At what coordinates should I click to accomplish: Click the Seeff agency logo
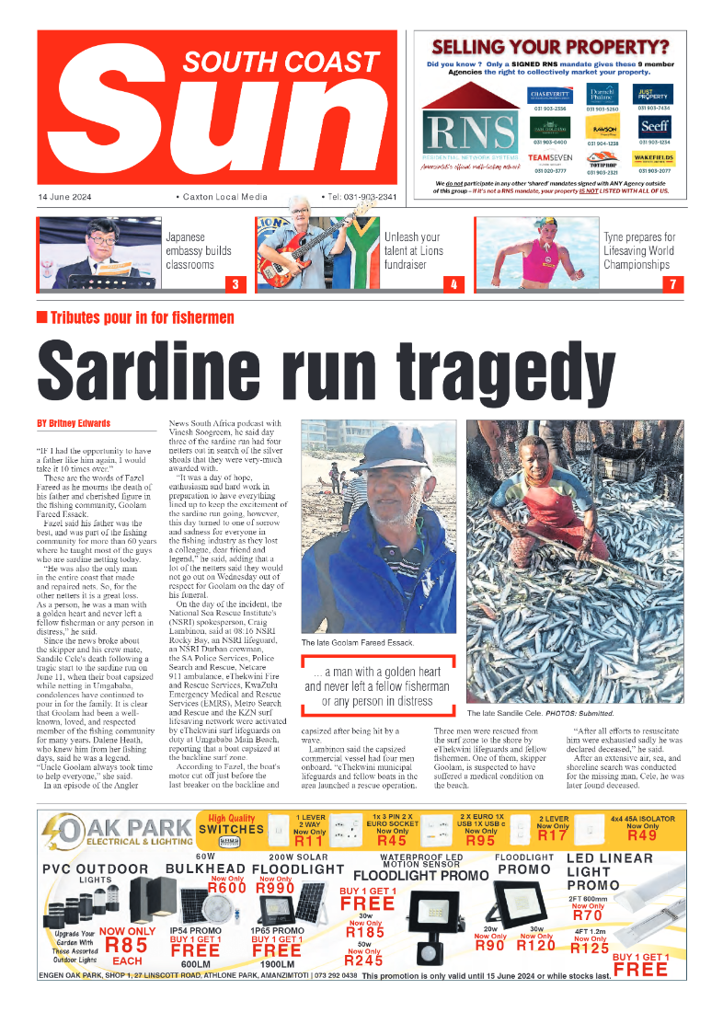point(655,127)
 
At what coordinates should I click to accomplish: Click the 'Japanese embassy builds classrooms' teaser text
point(198,250)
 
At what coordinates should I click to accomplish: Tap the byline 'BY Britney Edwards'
point(73,423)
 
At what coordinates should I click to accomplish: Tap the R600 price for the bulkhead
point(226,888)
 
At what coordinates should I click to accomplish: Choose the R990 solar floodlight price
point(276,888)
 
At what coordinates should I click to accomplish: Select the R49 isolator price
point(642,835)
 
